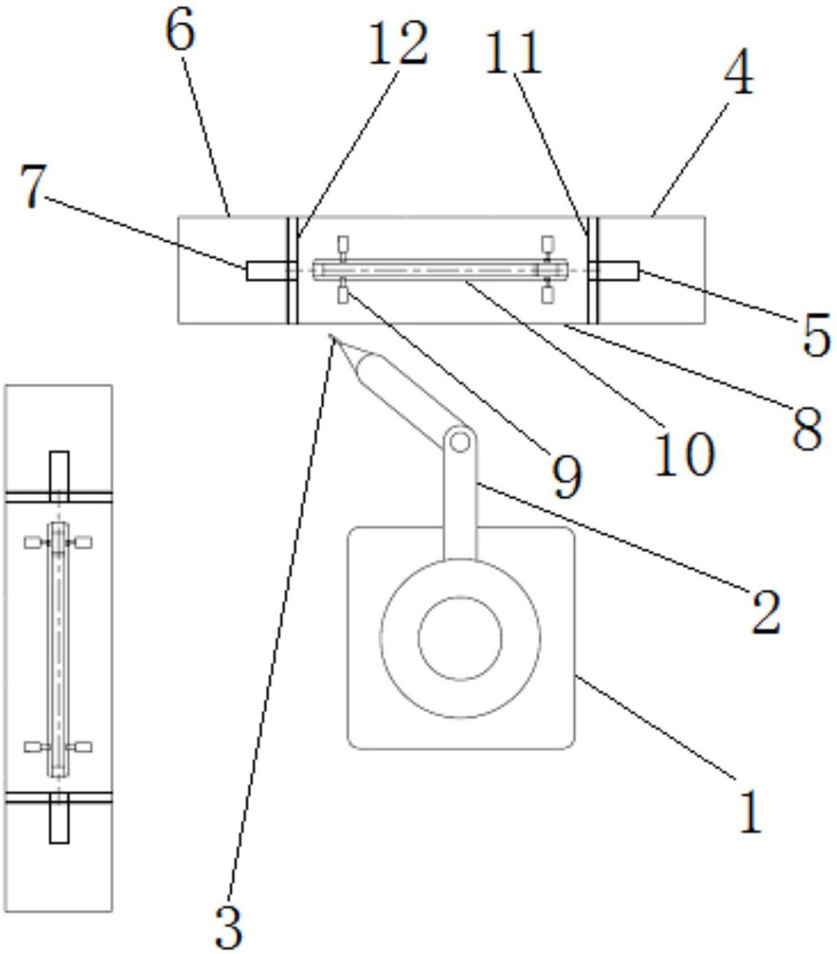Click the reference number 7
pos(34,186)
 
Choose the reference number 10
pos(685,454)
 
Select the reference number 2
pos(767,611)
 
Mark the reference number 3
pos(228,926)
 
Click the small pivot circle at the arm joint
pos(460,442)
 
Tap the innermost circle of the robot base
pos(460,638)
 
